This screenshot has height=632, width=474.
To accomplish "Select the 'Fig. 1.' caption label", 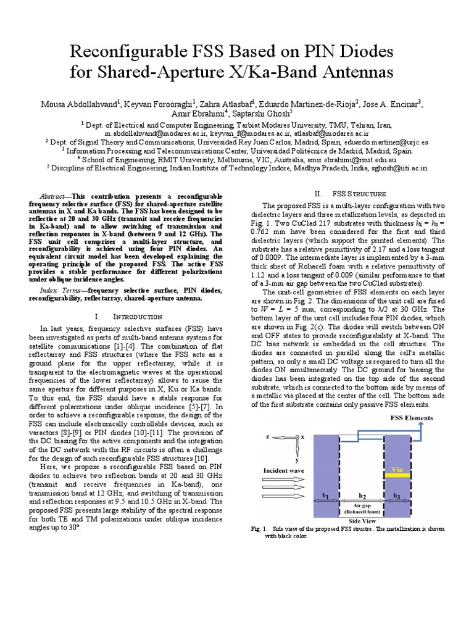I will point(259,529).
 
